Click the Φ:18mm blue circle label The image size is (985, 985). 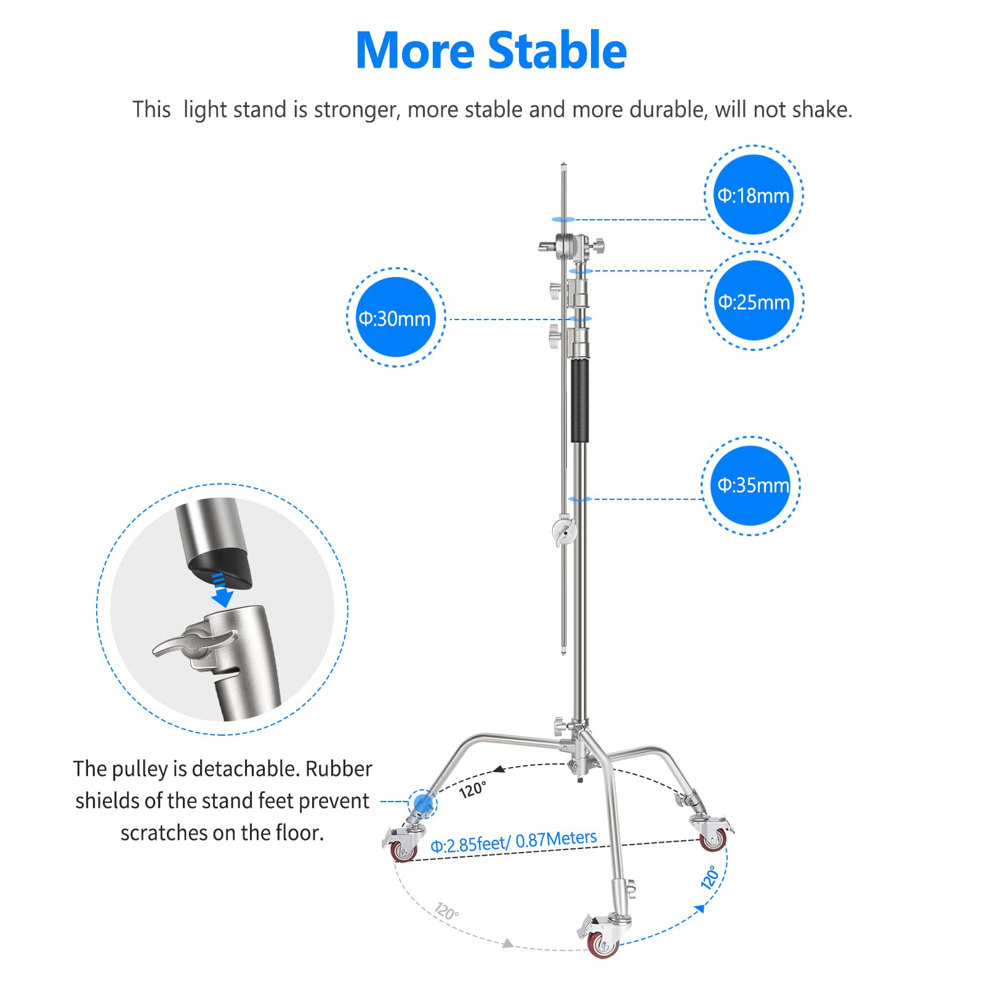click(754, 195)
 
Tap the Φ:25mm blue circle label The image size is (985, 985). click(754, 301)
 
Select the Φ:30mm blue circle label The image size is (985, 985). click(395, 318)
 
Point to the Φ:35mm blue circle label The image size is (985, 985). click(752, 485)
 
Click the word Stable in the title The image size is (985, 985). click(558, 50)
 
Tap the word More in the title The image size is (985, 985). click(414, 50)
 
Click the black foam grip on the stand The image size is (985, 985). click(579, 401)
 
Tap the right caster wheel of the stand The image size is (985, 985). click(714, 840)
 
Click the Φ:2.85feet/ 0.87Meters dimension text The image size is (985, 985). click(513, 842)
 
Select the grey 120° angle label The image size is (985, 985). click(446, 911)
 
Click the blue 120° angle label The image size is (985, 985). click(710, 877)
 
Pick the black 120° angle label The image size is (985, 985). click(473, 789)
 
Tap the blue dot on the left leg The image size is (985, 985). click(422, 802)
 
